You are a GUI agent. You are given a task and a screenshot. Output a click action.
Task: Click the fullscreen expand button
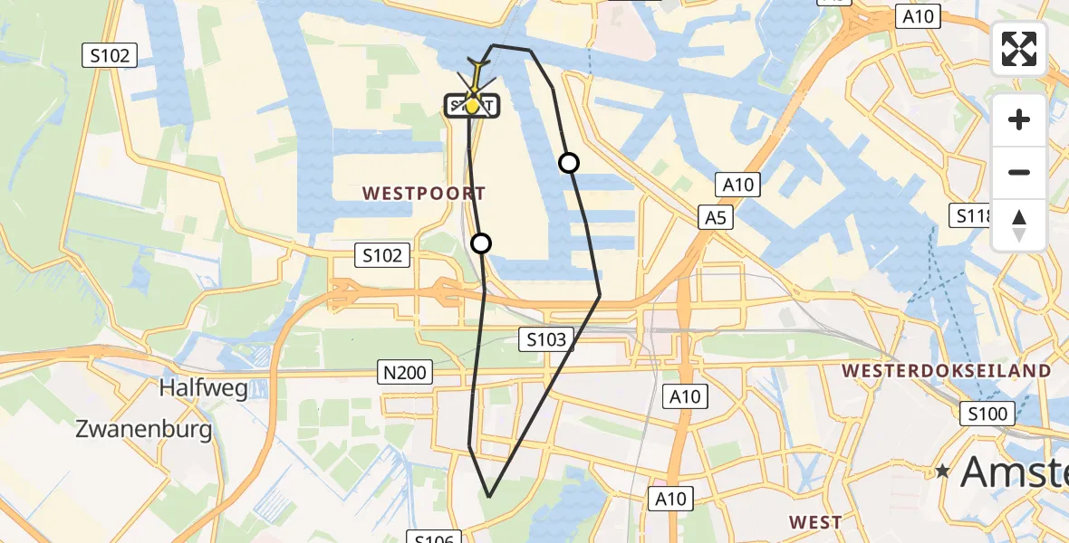[1019, 49]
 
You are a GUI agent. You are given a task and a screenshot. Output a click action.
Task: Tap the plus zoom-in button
[1019, 119]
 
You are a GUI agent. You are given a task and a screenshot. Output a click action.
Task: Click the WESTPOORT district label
[424, 194]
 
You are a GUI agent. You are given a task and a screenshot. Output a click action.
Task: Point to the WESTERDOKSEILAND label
[947, 371]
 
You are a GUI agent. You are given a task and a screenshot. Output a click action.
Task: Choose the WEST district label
[815, 522]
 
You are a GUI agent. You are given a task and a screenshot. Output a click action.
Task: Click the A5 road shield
[716, 217]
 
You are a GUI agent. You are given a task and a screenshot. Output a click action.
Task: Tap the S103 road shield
[546, 340]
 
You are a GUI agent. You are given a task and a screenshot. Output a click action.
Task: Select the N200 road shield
[406, 371]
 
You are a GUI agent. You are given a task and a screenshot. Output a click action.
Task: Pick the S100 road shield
[987, 414]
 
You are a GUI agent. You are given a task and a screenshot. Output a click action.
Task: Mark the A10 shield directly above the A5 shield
[738, 186]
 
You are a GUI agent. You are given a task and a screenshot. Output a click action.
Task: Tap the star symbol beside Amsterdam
[943, 472]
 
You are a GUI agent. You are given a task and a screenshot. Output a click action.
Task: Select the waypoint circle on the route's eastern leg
[569, 163]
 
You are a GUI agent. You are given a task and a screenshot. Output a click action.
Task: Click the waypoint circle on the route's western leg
[481, 243]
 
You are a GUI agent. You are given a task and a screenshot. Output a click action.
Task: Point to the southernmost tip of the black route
[489, 497]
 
